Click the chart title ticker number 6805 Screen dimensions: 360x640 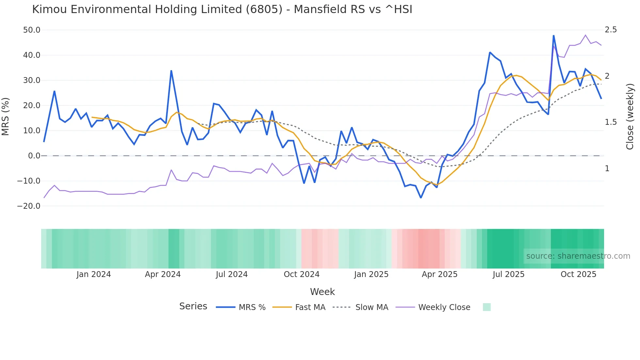pos(264,9)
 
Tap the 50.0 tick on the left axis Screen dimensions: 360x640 pos(32,30)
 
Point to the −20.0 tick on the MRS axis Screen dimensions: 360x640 pos(29,206)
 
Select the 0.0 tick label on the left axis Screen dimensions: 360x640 pos(34,156)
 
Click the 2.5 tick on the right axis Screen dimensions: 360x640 pos(611,30)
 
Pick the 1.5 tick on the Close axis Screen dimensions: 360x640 pos(611,122)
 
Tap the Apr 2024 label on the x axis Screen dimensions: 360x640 pos(163,274)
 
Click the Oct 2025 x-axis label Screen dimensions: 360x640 pos(578,274)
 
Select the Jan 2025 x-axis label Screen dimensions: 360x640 pos(371,274)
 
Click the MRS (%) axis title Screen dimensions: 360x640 pos(6,116)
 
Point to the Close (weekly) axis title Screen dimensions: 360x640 pos(630,116)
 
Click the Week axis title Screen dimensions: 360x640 pos(322,292)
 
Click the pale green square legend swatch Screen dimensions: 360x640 pos(487,307)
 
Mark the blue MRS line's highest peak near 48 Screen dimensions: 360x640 pos(553,36)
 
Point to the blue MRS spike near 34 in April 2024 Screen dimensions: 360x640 pos(171,71)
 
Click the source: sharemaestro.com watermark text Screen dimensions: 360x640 pos(578,256)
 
